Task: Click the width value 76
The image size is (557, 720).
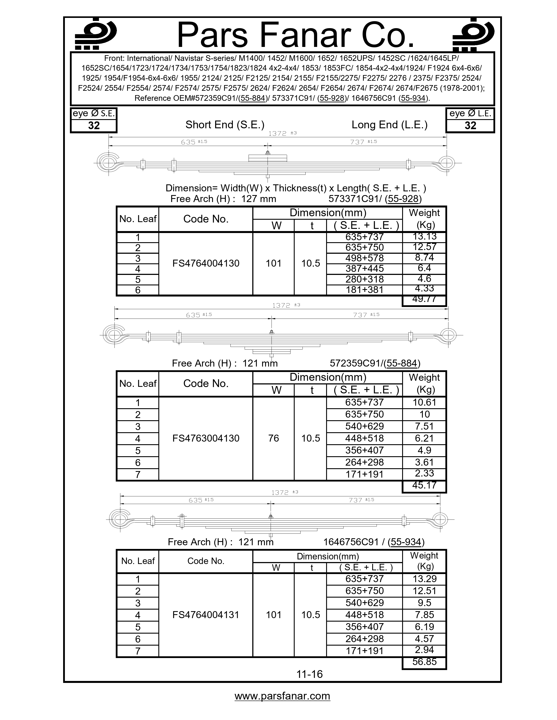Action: [x=273, y=438]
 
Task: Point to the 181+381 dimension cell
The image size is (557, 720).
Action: [x=365, y=290]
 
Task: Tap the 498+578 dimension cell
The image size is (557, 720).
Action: [x=365, y=258]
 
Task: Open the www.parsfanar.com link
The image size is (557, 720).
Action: [x=282, y=696]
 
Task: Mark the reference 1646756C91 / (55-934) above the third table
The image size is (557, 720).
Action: [x=374, y=542]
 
